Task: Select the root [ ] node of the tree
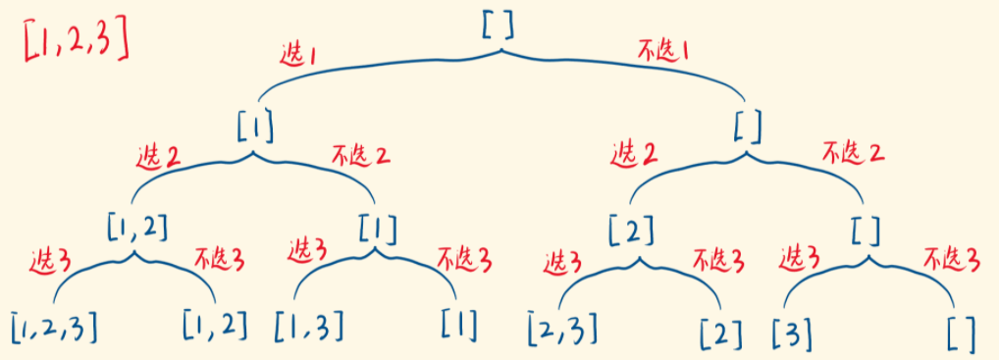tap(498, 25)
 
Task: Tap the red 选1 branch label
tap(296, 57)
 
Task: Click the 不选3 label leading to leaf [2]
tap(717, 262)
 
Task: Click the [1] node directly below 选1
tap(254, 127)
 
